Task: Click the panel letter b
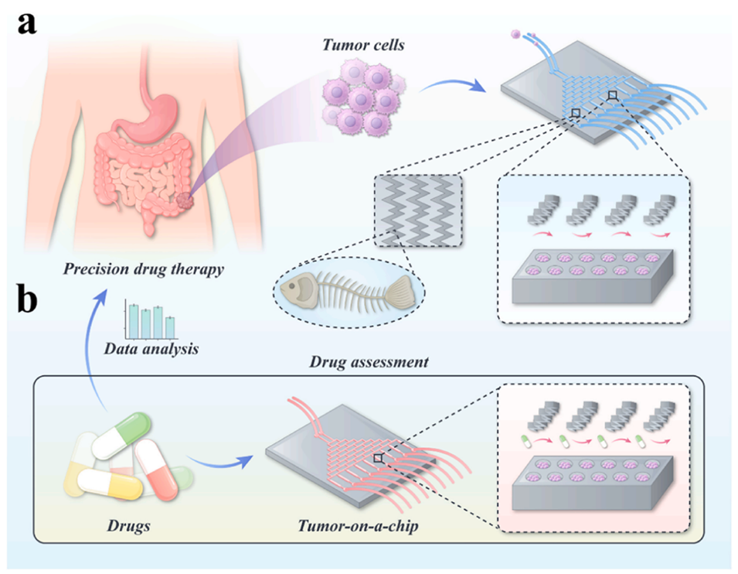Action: click(x=26, y=301)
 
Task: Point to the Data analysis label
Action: click(x=151, y=349)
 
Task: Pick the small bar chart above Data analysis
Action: click(x=151, y=320)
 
